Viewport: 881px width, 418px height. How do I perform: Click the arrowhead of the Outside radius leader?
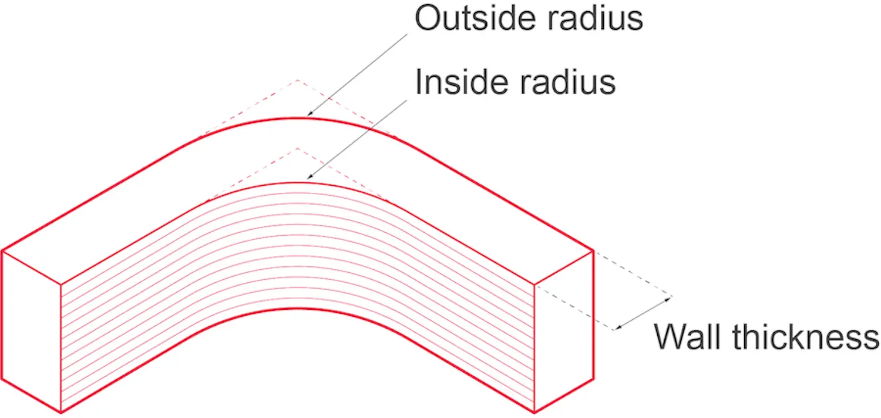[x=310, y=113]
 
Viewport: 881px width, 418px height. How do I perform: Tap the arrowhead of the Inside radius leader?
[x=310, y=177]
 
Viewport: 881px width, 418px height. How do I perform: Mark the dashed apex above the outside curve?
[x=297, y=79]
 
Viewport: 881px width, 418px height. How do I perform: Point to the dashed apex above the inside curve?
[x=297, y=148]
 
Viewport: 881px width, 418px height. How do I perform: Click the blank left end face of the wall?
[x=32, y=329]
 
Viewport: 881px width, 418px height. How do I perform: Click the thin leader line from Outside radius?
[x=358, y=73]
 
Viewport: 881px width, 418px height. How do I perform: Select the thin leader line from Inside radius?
[x=358, y=138]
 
